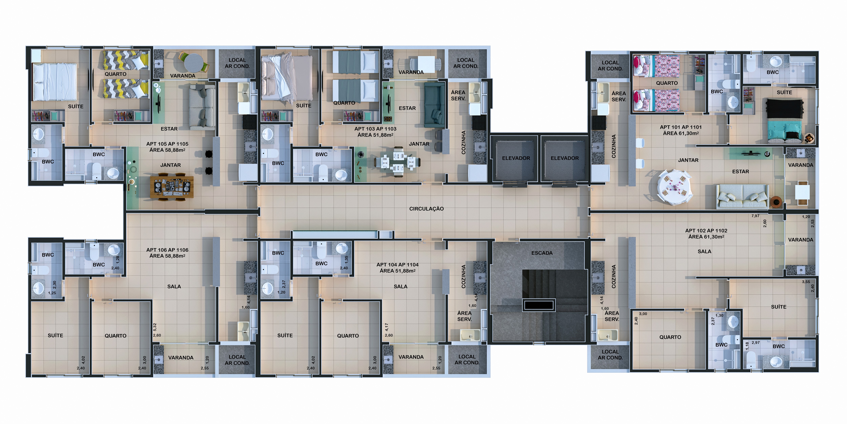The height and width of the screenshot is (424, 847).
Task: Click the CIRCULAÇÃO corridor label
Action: [426, 209]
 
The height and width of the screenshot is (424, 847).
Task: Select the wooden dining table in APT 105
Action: [172, 187]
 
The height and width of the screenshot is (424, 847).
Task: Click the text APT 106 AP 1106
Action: [167, 250]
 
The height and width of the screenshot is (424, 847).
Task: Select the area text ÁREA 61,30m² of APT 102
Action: [706, 237]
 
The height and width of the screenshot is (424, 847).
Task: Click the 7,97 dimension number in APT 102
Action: [755, 216]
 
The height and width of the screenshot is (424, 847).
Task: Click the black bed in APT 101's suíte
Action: [784, 120]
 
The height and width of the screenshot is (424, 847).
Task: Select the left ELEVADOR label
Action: [516, 158]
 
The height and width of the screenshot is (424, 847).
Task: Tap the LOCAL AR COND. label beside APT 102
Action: [610, 355]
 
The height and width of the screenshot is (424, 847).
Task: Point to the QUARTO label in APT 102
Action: [670, 337]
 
